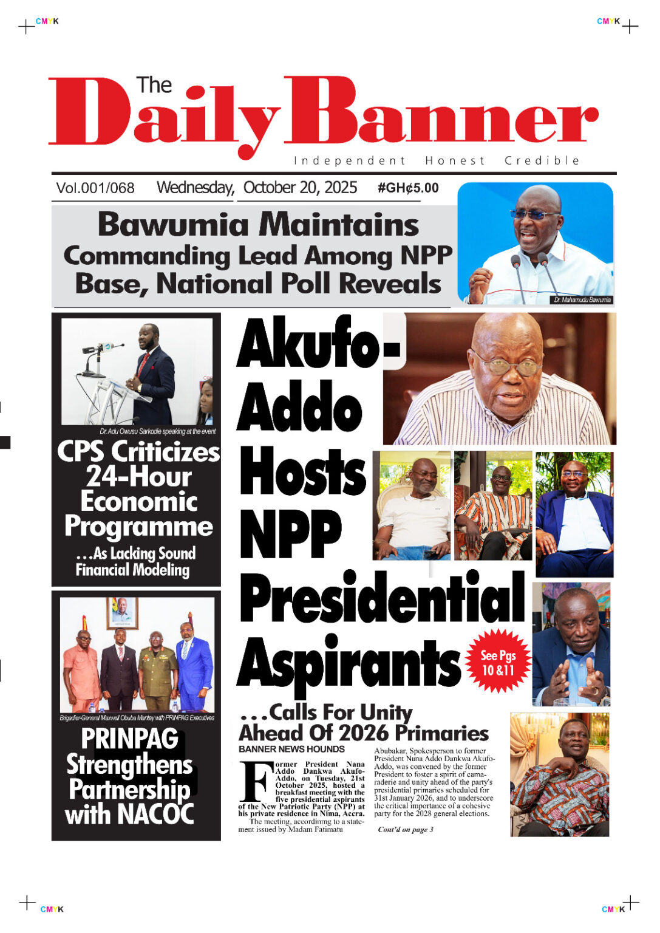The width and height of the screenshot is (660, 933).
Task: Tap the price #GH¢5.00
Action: click(x=408, y=188)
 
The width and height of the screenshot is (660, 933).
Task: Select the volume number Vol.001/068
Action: click(x=95, y=188)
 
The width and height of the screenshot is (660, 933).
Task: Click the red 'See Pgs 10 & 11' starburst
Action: click(x=498, y=662)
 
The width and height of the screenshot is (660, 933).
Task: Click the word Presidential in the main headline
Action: click(x=382, y=599)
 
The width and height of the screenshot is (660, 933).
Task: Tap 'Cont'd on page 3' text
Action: click(x=406, y=830)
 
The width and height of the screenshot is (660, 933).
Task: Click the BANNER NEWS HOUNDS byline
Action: click(x=291, y=749)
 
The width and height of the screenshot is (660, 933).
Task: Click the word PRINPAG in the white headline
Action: click(x=129, y=739)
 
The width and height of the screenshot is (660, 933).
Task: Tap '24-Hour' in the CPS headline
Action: click(x=138, y=476)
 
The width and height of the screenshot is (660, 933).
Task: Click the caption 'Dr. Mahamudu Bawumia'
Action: click(x=582, y=300)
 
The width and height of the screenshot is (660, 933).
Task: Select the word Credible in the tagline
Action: click(x=542, y=161)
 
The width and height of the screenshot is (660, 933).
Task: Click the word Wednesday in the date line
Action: click(x=195, y=188)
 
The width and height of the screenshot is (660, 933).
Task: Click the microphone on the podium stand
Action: click(x=103, y=349)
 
